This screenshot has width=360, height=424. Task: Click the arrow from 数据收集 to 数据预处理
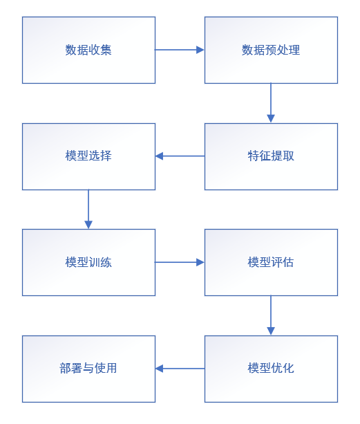[x=180, y=50]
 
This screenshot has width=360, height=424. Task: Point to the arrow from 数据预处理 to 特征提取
[x=271, y=103]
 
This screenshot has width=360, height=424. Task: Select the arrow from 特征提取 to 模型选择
[x=180, y=156]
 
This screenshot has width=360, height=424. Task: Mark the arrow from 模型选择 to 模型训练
[x=88, y=209]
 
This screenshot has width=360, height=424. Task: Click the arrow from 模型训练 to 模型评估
[x=180, y=262]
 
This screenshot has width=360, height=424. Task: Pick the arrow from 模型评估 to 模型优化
[x=271, y=315]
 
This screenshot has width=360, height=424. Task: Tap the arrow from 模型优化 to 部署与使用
[x=180, y=369]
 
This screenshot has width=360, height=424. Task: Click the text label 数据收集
[x=88, y=50]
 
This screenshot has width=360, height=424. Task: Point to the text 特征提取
[x=271, y=156]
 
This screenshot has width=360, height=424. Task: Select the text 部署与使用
[x=88, y=369]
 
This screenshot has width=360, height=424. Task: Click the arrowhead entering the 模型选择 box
[x=160, y=156]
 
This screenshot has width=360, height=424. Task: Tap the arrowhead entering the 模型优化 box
[x=271, y=331]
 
